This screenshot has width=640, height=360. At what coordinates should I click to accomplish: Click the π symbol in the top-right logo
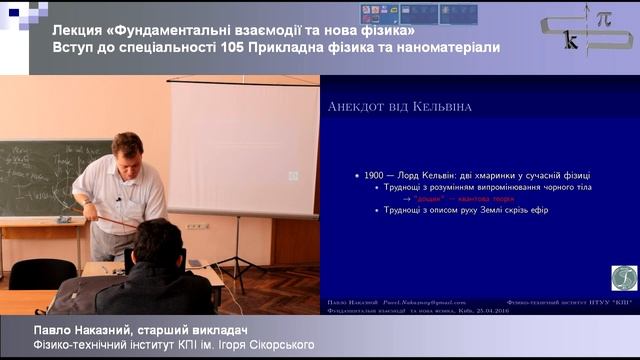[603, 20]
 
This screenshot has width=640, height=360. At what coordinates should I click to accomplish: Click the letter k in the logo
[570, 43]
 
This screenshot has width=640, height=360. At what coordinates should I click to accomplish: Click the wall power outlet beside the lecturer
[198, 225]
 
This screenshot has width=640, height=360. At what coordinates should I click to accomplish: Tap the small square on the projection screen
[293, 176]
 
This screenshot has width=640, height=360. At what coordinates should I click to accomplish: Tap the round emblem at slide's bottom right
[624, 277]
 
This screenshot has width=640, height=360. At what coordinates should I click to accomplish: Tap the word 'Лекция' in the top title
[79, 28]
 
